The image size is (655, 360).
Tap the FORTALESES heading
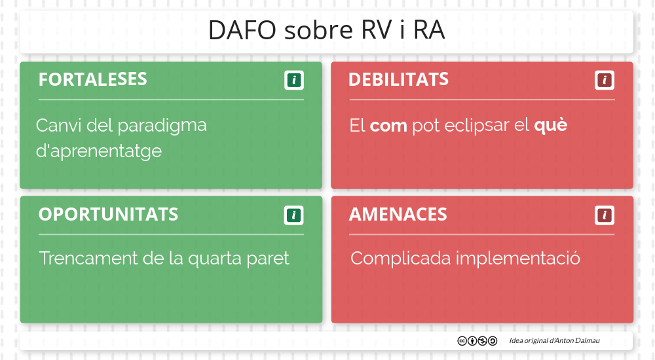pyautogui.click(x=92, y=80)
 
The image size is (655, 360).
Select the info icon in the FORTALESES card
pyautogui.click(x=294, y=81)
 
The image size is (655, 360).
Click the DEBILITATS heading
pyautogui.click(x=398, y=80)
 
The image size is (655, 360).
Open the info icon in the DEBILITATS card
pyautogui.click(x=605, y=81)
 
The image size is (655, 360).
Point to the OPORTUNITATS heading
pyautogui.click(x=108, y=215)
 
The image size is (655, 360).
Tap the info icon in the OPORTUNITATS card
pyautogui.click(x=294, y=215)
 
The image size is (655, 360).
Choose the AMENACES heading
pyautogui.click(x=398, y=215)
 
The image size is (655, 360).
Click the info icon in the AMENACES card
pyautogui.click(x=605, y=215)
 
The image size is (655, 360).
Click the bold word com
pyautogui.click(x=388, y=126)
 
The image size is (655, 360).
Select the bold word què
pyautogui.click(x=550, y=126)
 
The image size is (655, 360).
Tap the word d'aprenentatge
pyautogui.click(x=98, y=152)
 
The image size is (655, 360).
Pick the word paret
pyautogui.click(x=267, y=259)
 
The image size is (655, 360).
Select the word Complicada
pyautogui.click(x=400, y=259)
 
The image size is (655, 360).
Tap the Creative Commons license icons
pyautogui.click(x=477, y=341)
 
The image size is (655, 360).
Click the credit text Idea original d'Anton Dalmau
pyautogui.click(x=554, y=341)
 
